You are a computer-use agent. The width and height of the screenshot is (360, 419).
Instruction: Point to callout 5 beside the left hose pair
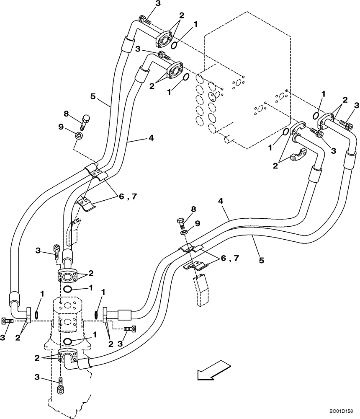point(93,96)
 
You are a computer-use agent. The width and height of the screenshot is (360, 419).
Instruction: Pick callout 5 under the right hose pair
point(261,260)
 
